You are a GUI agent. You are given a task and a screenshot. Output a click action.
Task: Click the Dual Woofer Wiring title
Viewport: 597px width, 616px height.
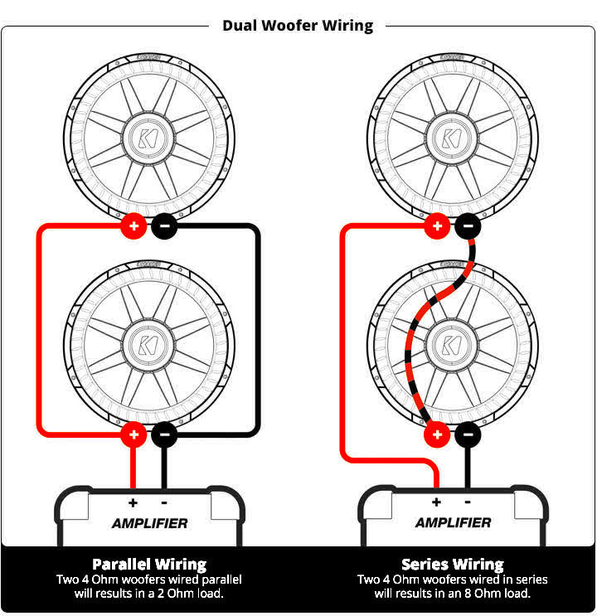[x=298, y=26]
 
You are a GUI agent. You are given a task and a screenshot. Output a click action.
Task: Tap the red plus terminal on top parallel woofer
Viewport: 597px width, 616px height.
[x=133, y=225]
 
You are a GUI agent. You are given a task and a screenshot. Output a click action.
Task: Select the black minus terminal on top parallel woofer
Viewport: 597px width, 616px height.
[x=163, y=225]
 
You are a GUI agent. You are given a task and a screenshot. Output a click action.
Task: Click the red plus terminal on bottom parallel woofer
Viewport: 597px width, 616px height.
[x=133, y=432]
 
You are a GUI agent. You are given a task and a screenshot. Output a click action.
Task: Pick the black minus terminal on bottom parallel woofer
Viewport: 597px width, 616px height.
[x=163, y=432]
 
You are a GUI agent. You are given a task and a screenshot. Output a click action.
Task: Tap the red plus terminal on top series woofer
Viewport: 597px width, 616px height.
[x=436, y=225]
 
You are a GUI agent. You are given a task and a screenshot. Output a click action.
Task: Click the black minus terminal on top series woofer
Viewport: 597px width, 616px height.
[x=467, y=225]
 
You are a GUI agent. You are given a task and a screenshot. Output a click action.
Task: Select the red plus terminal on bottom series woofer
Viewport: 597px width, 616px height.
[x=436, y=432]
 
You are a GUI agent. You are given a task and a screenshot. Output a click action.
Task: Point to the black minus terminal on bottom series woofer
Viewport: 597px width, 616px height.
[x=467, y=432]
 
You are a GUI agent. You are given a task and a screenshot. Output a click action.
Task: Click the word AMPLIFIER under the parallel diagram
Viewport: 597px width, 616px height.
[x=149, y=523]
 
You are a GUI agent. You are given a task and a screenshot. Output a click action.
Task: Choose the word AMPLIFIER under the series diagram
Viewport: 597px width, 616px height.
[x=453, y=523]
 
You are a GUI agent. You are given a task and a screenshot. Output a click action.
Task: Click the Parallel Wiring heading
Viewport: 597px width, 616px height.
[x=149, y=565]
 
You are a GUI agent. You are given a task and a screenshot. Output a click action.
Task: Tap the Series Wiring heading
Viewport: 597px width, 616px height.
[x=453, y=565]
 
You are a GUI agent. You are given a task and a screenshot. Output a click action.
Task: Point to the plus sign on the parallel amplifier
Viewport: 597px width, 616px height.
[x=133, y=502]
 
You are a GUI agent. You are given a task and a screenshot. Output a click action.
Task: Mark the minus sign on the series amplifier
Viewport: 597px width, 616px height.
[x=468, y=502]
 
